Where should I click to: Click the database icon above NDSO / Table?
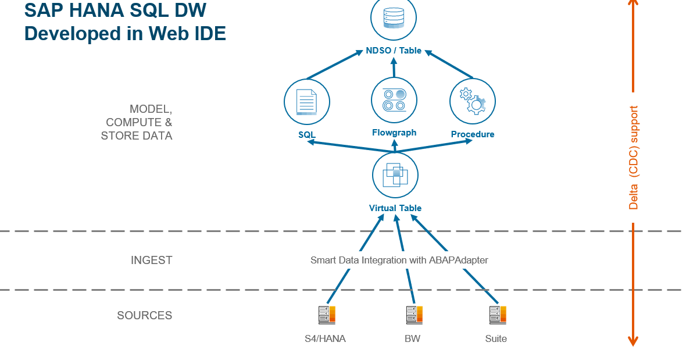pyautogui.click(x=394, y=19)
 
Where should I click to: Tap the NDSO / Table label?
pyautogui.click(x=394, y=51)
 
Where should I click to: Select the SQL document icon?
pyautogui.click(x=306, y=102)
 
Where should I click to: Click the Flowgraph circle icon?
pyautogui.click(x=394, y=99)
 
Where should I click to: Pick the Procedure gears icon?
pyautogui.click(x=472, y=101)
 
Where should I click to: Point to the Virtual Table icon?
pyautogui.click(x=395, y=174)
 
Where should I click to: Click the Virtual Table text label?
pyautogui.click(x=395, y=208)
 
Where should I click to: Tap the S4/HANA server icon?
pyautogui.click(x=327, y=315)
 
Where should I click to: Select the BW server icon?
pyautogui.click(x=414, y=315)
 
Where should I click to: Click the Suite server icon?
pyautogui.click(x=497, y=315)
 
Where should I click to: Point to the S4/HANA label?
pyautogui.click(x=325, y=338)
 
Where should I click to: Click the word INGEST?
pyautogui.click(x=151, y=260)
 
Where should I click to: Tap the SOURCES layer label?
pyautogui.click(x=144, y=315)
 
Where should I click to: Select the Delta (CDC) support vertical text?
pyautogui.click(x=634, y=158)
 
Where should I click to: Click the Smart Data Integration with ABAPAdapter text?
pyautogui.click(x=399, y=260)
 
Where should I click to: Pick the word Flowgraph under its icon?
pyautogui.click(x=394, y=133)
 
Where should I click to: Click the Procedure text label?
pyautogui.click(x=472, y=134)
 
